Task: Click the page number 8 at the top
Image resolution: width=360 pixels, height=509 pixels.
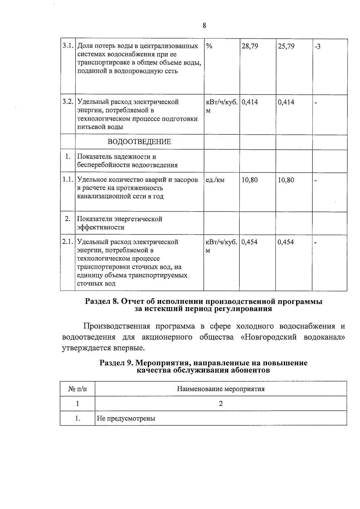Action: [x=204, y=26]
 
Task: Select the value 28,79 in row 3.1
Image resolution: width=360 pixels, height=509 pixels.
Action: [x=250, y=46]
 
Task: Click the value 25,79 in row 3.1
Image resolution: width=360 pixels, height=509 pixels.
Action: [x=286, y=46]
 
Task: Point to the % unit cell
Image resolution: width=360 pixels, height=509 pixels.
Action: [x=209, y=46]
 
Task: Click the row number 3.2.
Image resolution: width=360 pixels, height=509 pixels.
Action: [x=67, y=102]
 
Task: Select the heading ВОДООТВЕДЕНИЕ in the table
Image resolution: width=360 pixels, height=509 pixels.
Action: [x=139, y=142]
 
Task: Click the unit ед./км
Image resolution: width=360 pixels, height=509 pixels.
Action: [x=215, y=180]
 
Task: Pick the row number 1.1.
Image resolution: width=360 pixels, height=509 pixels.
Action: [x=67, y=180]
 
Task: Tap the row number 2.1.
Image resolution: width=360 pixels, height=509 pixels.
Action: [x=67, y=242]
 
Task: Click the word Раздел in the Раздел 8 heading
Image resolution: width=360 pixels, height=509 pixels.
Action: [x=97, y=302]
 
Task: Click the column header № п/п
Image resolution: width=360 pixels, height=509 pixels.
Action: [x=77, y=389]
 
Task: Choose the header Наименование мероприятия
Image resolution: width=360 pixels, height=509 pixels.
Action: [x=220, y=389]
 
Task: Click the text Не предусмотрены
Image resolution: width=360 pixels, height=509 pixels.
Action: [x=126, y=418]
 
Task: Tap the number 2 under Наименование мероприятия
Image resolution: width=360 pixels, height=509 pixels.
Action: [x=221, y=404]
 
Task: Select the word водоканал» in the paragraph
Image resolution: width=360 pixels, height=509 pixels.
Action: [x=324, y=337]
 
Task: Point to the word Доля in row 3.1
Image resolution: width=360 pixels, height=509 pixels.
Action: [x=85, y=46]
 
